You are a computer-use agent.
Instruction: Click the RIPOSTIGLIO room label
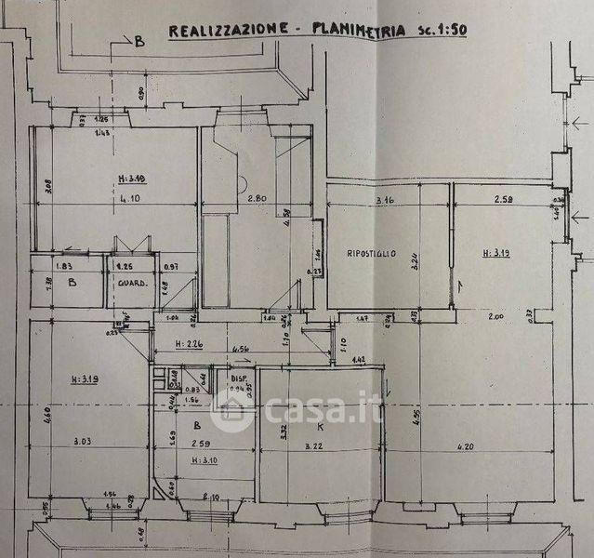point(372,253)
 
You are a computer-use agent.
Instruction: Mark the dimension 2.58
point(506,200)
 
